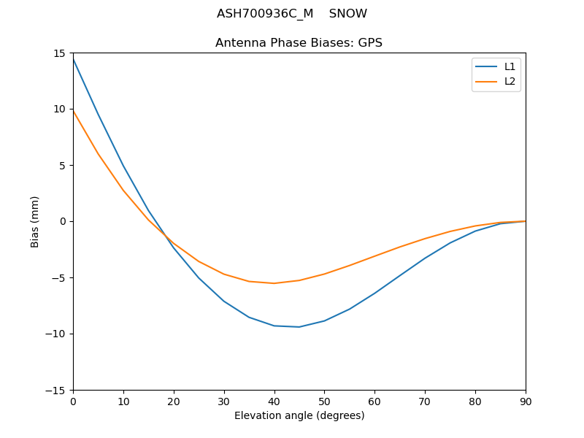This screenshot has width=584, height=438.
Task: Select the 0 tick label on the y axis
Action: coord(63,221)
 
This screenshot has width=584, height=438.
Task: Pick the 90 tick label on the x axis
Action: coord(526,401)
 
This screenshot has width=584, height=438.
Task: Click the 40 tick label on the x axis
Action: coord(274,401)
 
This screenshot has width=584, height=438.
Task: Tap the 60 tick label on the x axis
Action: coord(374,401)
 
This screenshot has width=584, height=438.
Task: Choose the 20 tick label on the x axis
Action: coord(174,401)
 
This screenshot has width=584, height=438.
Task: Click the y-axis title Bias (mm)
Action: coord(35,221)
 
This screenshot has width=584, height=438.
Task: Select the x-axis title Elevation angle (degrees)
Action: coord(299,415)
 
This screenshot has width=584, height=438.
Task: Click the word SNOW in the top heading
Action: coord(348,14)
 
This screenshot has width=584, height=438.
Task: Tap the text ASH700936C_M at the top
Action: coord(264,14)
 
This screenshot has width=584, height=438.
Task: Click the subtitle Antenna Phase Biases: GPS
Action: coord(299,43)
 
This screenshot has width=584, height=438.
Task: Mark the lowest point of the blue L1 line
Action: coord(299,327)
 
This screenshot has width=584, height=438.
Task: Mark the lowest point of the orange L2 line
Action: coord(274,283)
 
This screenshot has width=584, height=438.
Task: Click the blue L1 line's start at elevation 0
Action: coord(73,58)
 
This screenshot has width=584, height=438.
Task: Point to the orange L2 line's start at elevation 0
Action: coord(73,111)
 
